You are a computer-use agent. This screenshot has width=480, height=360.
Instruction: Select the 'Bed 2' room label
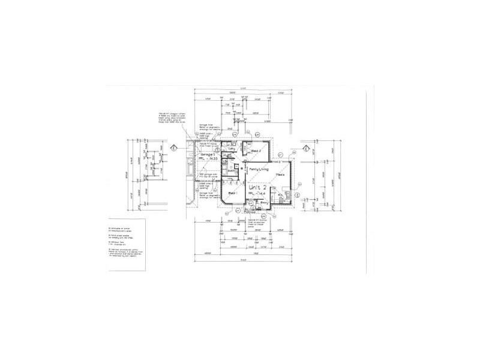[x=255, y=150]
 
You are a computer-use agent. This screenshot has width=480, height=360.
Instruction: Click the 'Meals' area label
[x=280, y=175]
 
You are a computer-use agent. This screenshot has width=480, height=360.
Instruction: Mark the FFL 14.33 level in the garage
[x=204, y=160]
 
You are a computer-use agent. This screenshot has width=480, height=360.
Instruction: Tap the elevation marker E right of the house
[x=305, y=148]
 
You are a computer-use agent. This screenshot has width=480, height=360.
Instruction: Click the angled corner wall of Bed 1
[x=224, y=207]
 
